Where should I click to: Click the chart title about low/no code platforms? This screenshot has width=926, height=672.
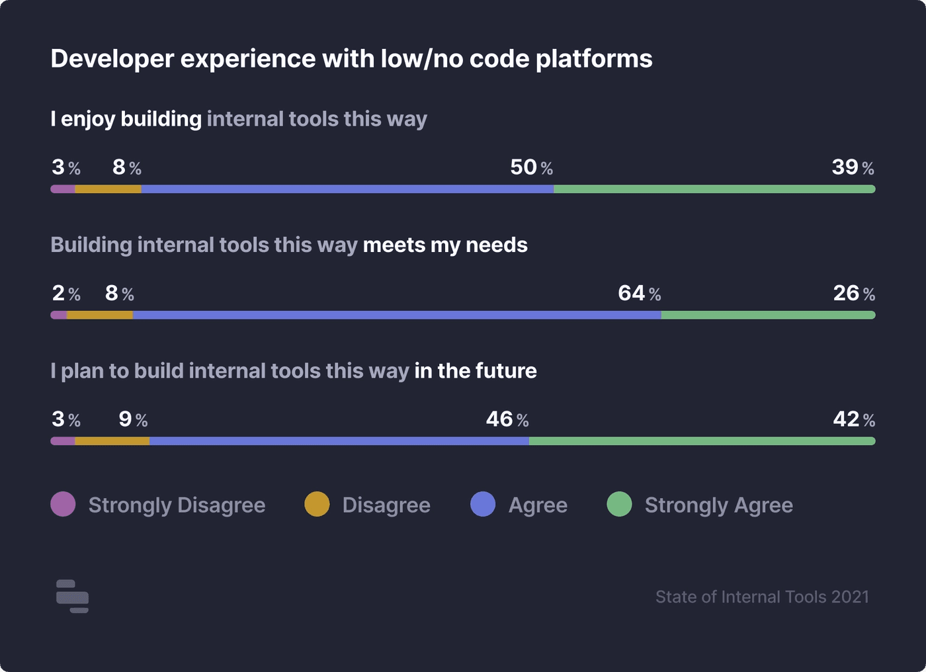pyautogui.click(x=351, y=59)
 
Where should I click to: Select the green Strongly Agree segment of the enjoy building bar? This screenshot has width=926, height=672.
pyautogui.click(x=714, y=189)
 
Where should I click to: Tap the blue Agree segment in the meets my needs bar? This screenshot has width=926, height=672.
pyautogui.click(x=397, y=315)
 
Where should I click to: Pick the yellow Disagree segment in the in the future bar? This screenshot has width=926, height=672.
pyautogui.click(x=112, y=441)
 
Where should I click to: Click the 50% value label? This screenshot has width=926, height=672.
pyautogui.click(x=531, y=167)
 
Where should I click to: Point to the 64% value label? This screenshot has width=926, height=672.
pyautogui.click(x=639, y=293)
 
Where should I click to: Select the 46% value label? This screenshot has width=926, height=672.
pyautogui.click(x=507, y=419)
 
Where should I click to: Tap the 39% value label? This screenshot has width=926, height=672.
pyautogui.click(x=853, y=167)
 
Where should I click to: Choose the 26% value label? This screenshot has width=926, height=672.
pyautogui.click(x=853, y=293)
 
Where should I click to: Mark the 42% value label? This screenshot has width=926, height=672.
pyautogui.click(x=853, y=419)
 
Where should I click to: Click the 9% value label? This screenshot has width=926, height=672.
pyautogui.click(x=133, y=419)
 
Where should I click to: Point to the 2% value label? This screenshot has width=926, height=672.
pyautogui.click(x=66, y=293)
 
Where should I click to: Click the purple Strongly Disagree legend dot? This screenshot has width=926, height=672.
pyautogui.click(x=63, y=504)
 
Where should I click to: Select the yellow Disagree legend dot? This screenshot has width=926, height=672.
pyautogui.click(x=317, y=504)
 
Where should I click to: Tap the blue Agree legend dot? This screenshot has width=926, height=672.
pyautogui.click(x=483, y=504)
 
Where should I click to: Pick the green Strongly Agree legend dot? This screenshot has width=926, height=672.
pyautogui.click(x=619, y=504)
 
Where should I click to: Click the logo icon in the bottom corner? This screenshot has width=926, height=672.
pyautogui.click(x=72, y=597)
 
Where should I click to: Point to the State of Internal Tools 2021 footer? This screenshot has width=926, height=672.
pyautogui.click(x=762, y=597)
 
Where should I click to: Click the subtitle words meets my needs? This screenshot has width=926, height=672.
pyautogui.click(x=445, y=245)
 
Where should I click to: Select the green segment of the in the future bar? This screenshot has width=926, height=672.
pyautogui.click(x=701, y=441)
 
